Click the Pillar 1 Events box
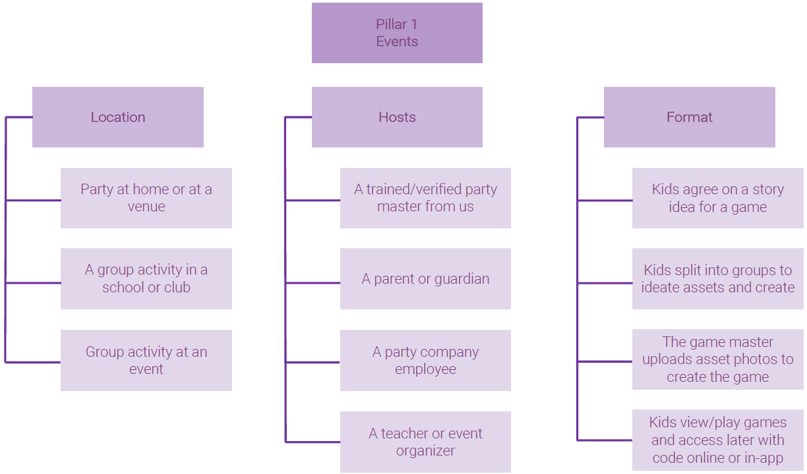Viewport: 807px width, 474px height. point(397,33)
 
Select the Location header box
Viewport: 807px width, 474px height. point(118,117)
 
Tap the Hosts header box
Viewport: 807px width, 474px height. point(397,117)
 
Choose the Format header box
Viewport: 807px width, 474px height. point(689,117)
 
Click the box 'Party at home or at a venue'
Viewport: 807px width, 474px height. point(146,198)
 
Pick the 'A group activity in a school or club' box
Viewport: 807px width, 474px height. point(146,278)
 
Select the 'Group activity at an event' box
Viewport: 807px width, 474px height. point(146,360)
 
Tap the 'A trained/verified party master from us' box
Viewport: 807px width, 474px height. point(425,198)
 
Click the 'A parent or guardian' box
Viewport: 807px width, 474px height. point(425,278)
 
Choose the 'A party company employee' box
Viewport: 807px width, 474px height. point(425,360)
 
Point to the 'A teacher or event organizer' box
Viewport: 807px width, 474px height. point(425,442)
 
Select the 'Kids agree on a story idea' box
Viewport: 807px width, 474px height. point(717,198)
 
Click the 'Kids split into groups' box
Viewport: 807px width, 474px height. point(717,278)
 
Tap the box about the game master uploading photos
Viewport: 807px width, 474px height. point(717,360)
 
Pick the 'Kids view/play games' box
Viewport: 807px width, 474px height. point(717,440)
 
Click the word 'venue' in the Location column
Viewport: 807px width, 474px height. point(146,207)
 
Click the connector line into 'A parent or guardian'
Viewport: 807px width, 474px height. point(313,282)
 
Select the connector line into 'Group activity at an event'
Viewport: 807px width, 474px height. point(33,362)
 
